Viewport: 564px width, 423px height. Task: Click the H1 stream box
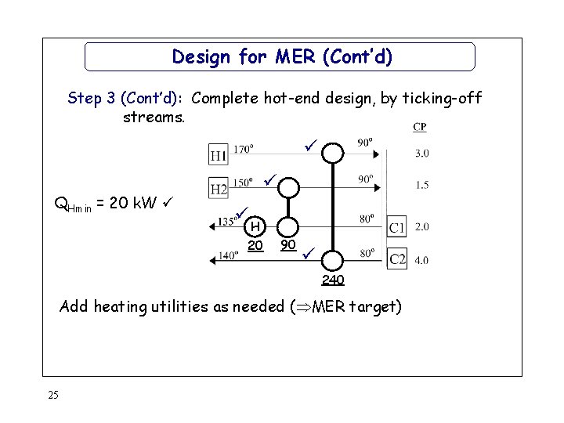219,154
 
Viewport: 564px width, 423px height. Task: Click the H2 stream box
219,188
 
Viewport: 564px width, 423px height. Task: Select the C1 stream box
398,227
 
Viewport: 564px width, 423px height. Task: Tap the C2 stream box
398,258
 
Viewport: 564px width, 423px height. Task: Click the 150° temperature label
243,183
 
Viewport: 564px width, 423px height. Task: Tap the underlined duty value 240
333,280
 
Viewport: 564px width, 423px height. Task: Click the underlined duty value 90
288,245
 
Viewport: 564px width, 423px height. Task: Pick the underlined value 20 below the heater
255,245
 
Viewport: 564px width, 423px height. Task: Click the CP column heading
420,128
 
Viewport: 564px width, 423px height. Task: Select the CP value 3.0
421,153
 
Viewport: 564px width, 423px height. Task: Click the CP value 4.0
421,259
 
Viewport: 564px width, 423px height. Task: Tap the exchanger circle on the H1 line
334,152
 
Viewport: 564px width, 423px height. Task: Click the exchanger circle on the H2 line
289,188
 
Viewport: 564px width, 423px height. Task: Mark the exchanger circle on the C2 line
334,259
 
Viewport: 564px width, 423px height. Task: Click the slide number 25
52,394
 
